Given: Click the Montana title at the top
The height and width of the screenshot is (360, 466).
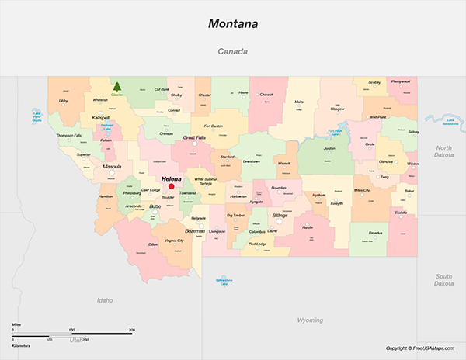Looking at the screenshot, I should [x=233, y=24].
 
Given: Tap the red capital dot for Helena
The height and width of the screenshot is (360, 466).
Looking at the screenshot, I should [x=172, y=186].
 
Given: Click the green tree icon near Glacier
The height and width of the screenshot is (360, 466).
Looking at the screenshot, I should [x=117, y=87].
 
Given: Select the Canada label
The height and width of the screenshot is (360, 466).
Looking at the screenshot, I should [x=232, y=52].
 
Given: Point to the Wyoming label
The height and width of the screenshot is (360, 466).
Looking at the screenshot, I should [x=310, y=320].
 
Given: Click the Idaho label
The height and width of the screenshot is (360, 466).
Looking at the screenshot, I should [x=105, y=299].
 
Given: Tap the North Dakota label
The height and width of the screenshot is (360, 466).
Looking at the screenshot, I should [x=443, y=151].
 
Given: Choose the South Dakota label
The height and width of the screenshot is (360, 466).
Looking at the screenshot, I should [x=443, y=279].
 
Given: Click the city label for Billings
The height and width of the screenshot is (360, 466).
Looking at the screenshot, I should [x=280, y=215].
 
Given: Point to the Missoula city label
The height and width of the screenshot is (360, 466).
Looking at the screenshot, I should [x=112, y=166].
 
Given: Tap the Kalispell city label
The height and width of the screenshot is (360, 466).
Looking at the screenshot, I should [x=100, y=117].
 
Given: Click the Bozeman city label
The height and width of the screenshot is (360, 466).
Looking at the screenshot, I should [x=195, y=231].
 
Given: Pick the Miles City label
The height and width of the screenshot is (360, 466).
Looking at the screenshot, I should [x=361, y=189].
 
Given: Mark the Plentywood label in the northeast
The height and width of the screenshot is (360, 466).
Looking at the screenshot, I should [x=401, y=81].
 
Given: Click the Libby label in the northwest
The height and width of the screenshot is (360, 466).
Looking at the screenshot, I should [x=64, y=101].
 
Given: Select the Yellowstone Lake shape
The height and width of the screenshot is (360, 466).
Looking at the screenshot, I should [x=224, y=279].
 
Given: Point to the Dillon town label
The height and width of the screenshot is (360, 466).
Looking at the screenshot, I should [x=153, y=244].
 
